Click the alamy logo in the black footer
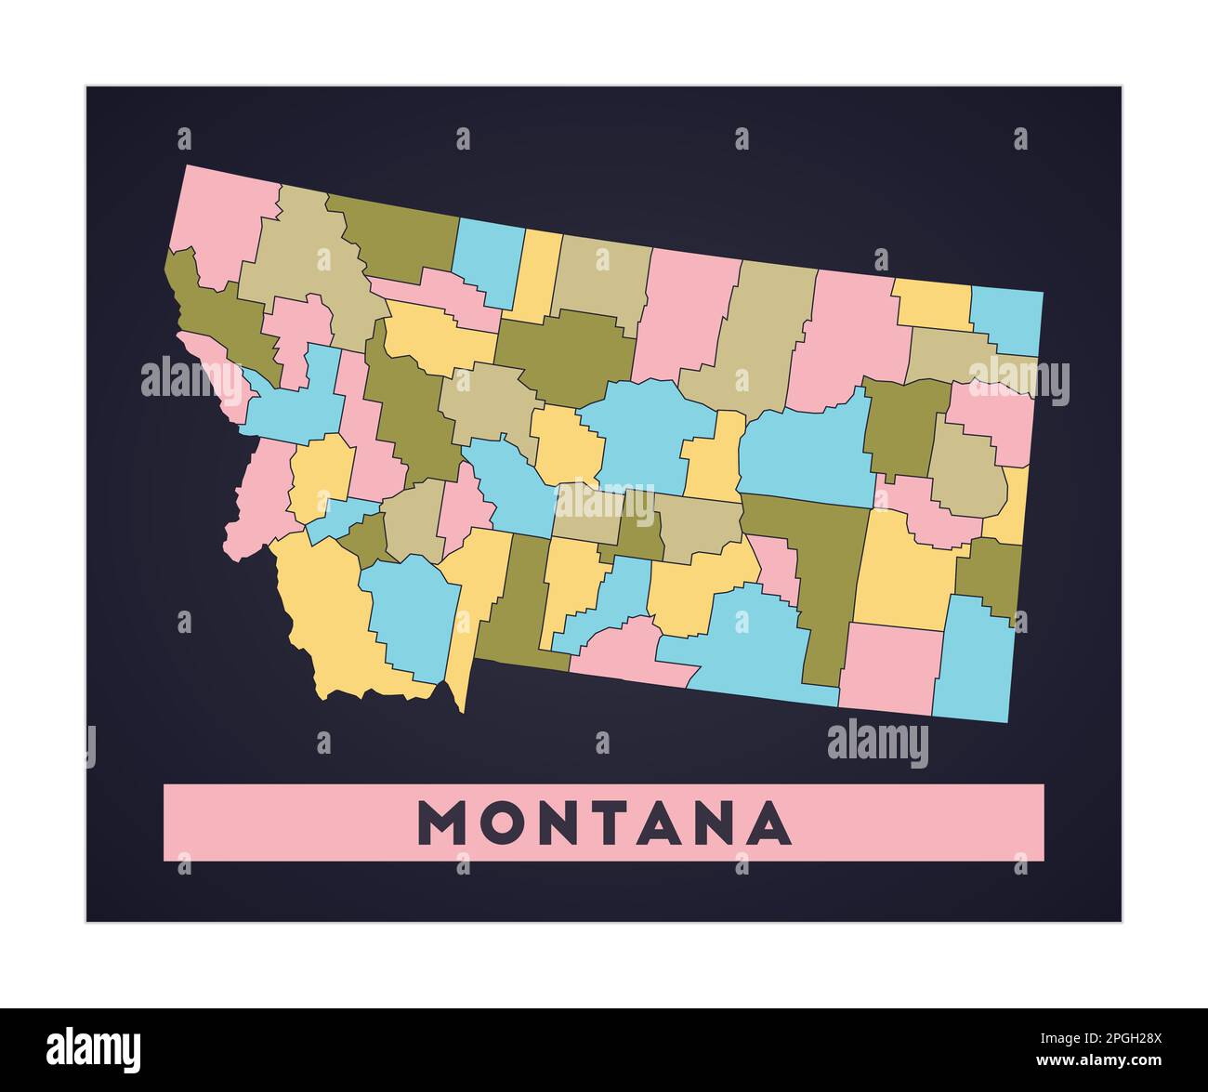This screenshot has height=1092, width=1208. pos(94,1048)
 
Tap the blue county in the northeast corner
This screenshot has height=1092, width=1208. pos(1006,319)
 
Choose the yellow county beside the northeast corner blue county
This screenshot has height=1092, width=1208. pos(932,304)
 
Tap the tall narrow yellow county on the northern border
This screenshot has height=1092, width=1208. pos(538,274)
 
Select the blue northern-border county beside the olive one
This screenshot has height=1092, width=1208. pos(486,259)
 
